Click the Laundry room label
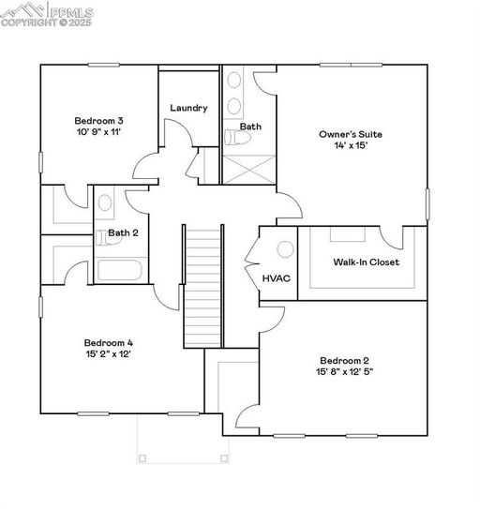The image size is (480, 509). pyautogui.click(x=188, y=108)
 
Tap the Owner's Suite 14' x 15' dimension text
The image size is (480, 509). pyautogui.click(x=351, y=145)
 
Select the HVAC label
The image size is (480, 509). pyautogui.click(x=277, y=278)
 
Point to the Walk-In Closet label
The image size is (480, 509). pyautogui.click(x=367, y=262)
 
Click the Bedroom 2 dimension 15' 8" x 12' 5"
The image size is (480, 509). pyautogui.click(x=345, y=371)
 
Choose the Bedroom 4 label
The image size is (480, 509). pyautogui.click(x=109, y=343)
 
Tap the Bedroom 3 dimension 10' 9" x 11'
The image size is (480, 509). pyautogui.click(x=99, y=132)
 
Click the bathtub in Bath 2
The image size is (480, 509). pyautogui.click(x=119, y=270)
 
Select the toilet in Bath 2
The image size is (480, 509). pyautogui.click(x=106, y=237)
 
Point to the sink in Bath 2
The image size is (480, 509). pyautogui.click(x=105, y=202)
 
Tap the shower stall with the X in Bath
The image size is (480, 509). pyautogui.click(x=249, y=170)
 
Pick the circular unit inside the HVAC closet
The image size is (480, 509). pyautogui.click(x=285, y=249)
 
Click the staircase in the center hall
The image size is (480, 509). pyautogui.click(x=203, y=286)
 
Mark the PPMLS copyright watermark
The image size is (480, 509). pyautogui.click(x=47, y=14)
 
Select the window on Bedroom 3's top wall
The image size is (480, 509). pyautogui.click(x=104, y=65)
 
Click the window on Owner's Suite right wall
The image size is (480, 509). pyautogui.click(x=427, y=204)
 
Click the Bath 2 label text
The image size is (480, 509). pyautogui.click(x=123, y=232)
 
